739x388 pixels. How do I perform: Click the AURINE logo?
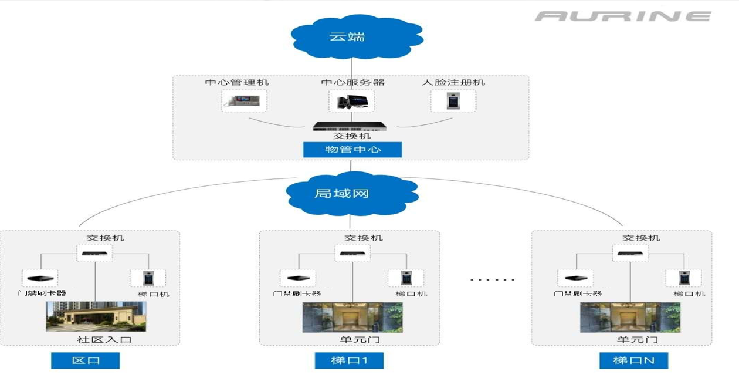(622, 16)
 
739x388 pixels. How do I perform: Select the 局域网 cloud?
(350, 192)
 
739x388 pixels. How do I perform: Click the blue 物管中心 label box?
(352, 149)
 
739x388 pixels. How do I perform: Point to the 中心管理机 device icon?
(244, 101)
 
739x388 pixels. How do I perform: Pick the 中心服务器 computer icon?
(351, 102)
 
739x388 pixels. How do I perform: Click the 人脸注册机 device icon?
(453, 101)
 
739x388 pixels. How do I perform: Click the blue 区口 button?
(86, 360)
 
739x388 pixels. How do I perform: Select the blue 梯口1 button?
(349, 360)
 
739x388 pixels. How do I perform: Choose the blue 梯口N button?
(633, 360)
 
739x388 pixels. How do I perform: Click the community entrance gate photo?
(96, 316)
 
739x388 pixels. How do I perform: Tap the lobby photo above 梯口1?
(352, 318)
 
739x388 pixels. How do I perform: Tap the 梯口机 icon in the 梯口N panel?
(683, 278)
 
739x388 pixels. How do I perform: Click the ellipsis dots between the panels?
(492, 279)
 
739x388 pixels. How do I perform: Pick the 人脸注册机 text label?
(453, 82)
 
